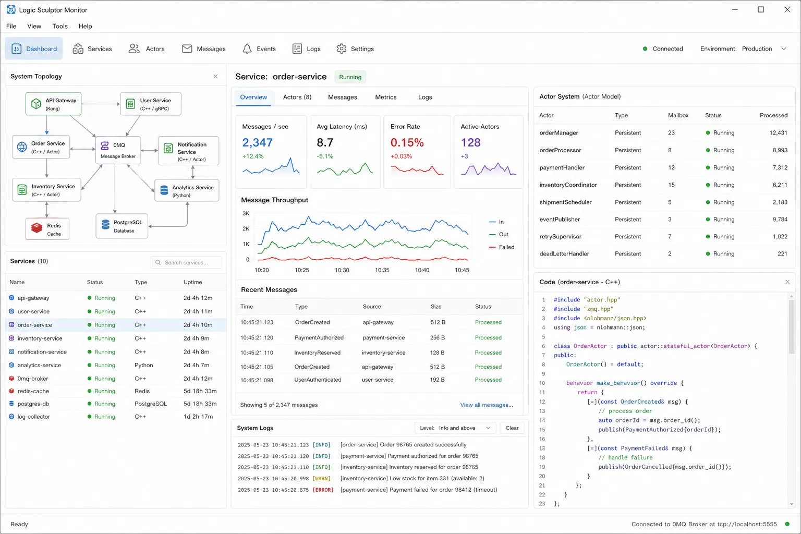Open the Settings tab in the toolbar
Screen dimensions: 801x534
355,48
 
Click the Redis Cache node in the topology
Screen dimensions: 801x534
47,229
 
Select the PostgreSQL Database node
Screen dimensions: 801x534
122,226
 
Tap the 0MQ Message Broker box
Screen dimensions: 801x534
118,150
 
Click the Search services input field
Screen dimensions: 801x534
186,262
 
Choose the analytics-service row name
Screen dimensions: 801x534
39,365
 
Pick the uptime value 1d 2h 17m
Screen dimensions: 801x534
198,417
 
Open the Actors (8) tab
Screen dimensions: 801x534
297,98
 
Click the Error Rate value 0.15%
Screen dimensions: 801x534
407,143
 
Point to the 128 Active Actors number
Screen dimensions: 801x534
470,143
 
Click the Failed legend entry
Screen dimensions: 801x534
502,247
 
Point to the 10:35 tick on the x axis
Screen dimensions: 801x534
382,270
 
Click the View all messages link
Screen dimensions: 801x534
487,405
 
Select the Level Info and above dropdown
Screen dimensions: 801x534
455,428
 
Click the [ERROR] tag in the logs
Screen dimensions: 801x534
323,490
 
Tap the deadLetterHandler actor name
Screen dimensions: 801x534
564,254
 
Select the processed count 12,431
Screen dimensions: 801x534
778,132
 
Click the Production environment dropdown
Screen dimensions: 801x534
764,48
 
